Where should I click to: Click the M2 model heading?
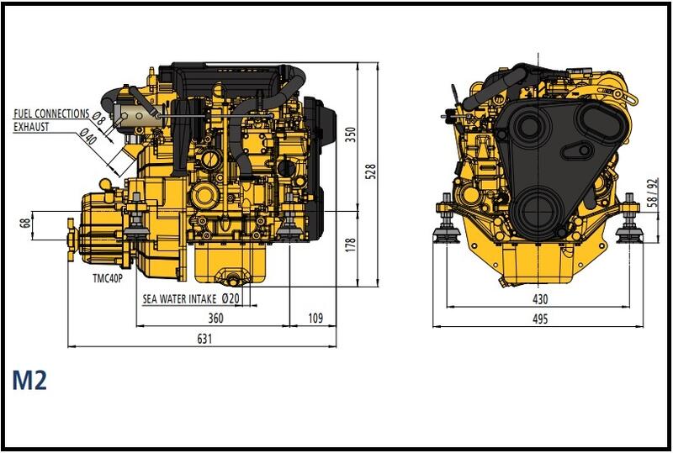click(29, 380)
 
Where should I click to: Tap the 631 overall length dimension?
click(204, 339)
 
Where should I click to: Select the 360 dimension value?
click(215, 318)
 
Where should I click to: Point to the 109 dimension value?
click(315, 318)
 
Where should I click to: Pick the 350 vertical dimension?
click(351, 134)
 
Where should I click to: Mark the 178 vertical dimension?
click(351, 245)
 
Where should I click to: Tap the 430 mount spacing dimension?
click(539, 299)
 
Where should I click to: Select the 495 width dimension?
click(539, 319)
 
